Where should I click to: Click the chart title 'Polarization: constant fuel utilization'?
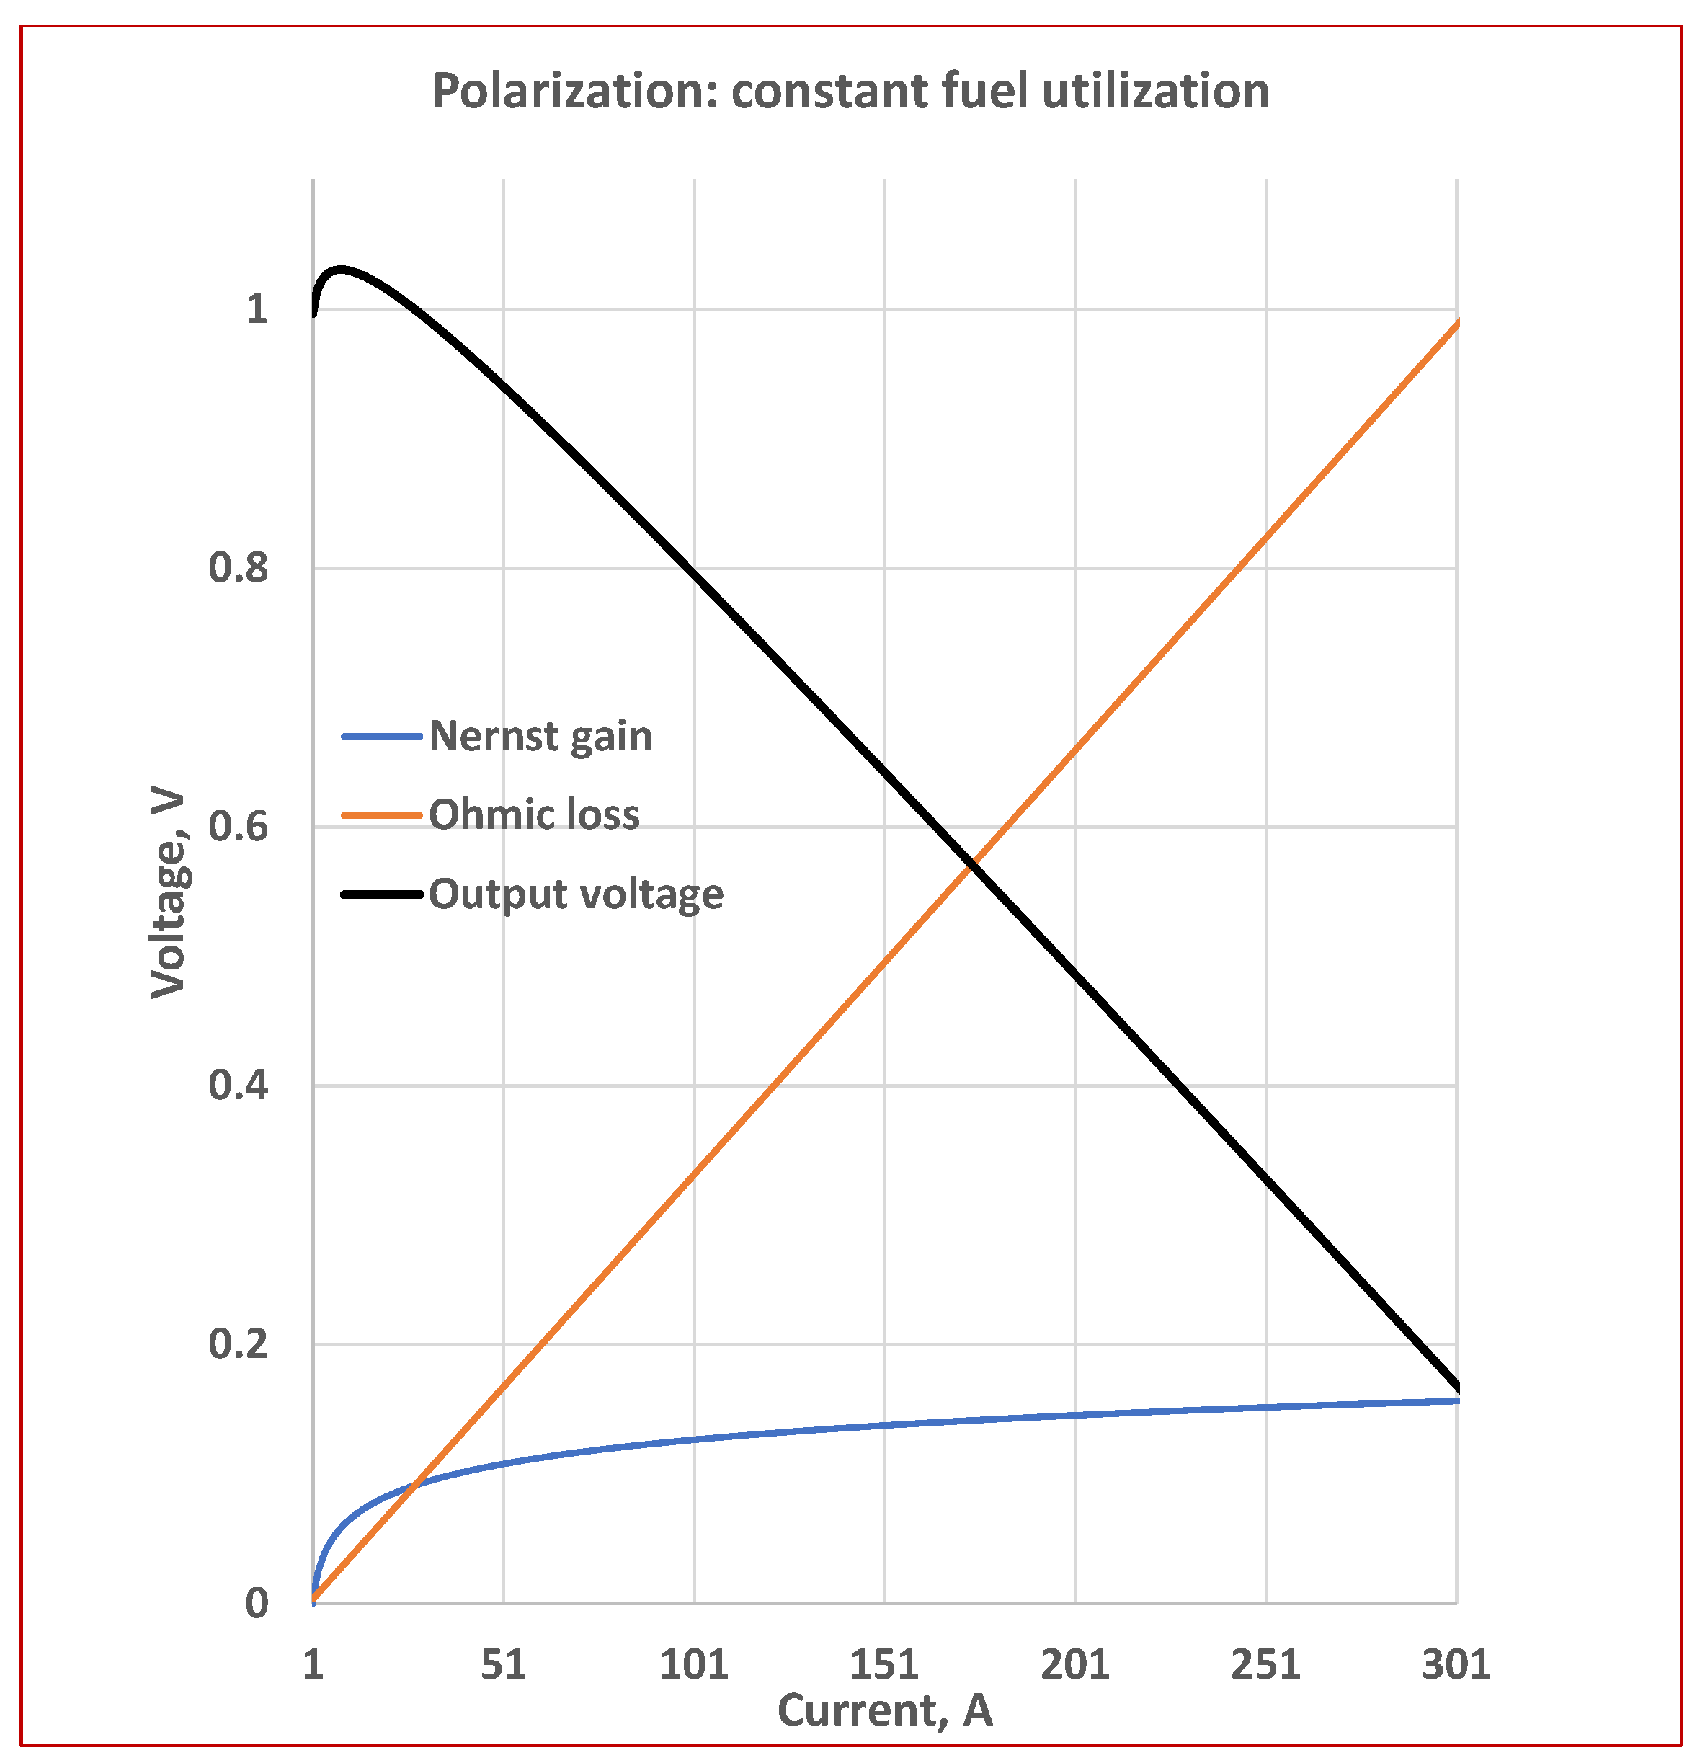[850, 92]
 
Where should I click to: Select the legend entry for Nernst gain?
[540, 737]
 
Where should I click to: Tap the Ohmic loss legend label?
[534, 815]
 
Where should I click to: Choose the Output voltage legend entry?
[576, 894]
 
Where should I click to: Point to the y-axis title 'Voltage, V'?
[168, 894]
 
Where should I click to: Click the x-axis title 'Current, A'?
[884, 1710]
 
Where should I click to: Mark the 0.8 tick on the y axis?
[239, 568]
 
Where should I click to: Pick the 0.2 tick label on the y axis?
[239, 1344]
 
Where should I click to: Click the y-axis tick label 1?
[257, 309]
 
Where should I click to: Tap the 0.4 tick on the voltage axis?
[239, 1086]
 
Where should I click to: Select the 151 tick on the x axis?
[884, 1665]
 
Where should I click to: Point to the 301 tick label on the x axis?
[1456, 1665]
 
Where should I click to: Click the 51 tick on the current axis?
[503, 1665]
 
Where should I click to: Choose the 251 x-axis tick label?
[1265, 1665]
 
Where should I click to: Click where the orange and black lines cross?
[971, 863]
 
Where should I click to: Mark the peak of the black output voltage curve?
[340, 268]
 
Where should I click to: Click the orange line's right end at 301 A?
[1456, 322]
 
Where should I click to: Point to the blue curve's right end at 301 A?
[1456, 1400]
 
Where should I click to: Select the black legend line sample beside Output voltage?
[381, 894]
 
